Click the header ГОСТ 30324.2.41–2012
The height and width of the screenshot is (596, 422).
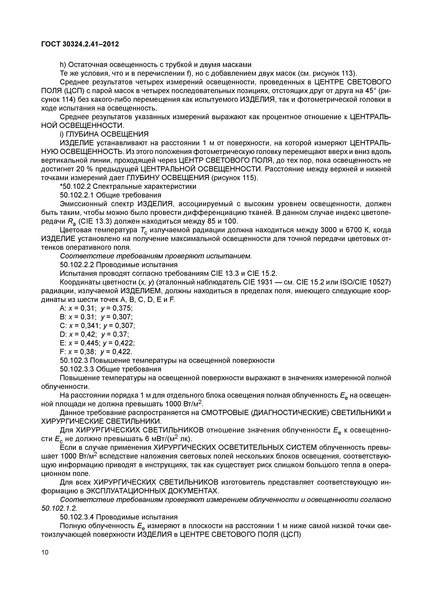click(80, 44)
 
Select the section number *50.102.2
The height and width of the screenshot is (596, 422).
click(75, 186)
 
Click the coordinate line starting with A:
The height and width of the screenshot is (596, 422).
click(96, 308)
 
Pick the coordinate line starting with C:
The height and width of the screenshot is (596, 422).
click(97, 326)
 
